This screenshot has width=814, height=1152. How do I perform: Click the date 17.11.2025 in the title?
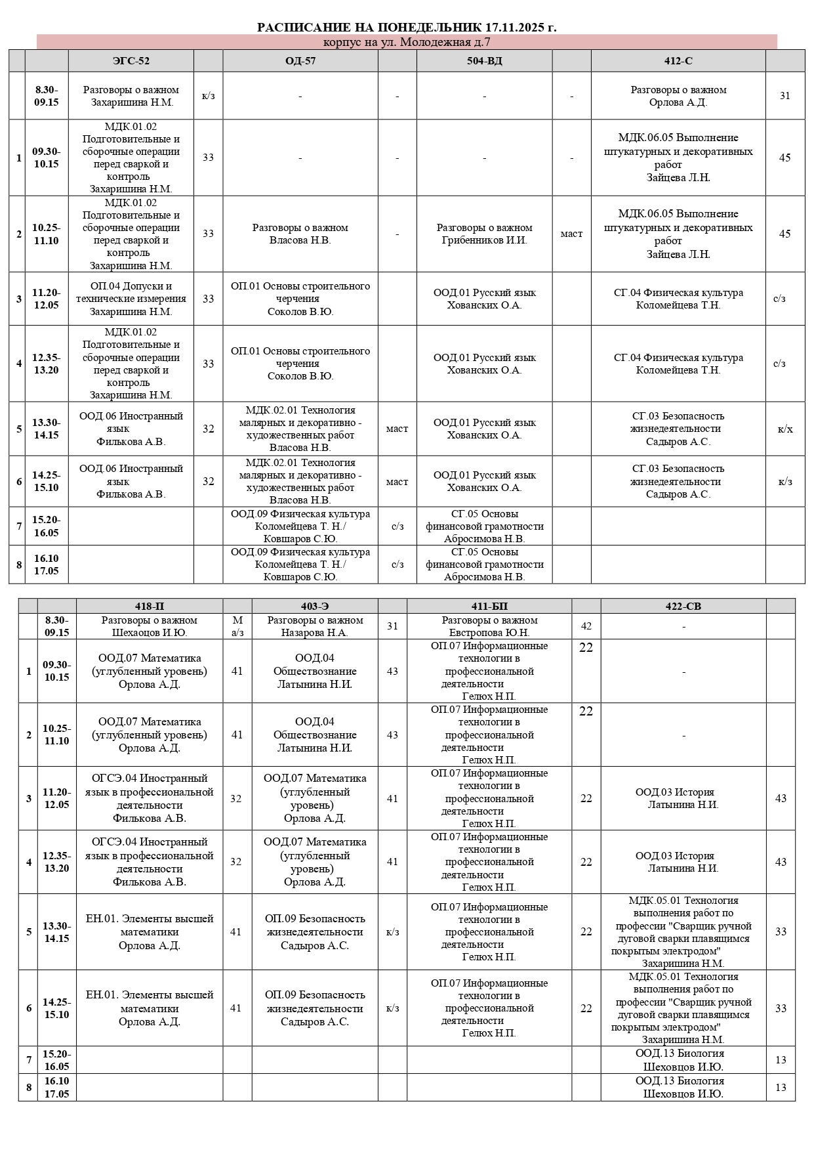click(x=515, y=28)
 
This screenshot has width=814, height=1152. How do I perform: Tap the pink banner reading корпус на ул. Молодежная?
click(x=407, y=42)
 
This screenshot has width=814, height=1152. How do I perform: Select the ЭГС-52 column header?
click(x=131, y=61)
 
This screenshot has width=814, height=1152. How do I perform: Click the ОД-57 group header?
click(x=300, y=61)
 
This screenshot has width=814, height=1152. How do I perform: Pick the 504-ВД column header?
click(x=484, y=61)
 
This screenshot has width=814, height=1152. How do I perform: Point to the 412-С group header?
click(x=678, y=61)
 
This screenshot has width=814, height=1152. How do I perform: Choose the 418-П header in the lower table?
click(x=150, y=607)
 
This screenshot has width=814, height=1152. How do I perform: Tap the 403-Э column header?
click(x=315, y=607)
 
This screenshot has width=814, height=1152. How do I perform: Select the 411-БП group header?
click(x=489, y=607)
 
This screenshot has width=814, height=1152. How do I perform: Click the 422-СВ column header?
click(x=683, y=607)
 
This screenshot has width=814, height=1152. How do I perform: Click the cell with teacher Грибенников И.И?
click(x=484, y=234)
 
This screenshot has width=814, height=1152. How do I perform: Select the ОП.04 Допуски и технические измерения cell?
click(x=131, y=299)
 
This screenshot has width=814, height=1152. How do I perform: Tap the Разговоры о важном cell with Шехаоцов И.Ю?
click(x=150, y=626)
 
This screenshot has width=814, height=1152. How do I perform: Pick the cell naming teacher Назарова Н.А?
click(x=315, y=626)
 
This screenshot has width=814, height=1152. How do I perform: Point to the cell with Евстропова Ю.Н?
click(x=489, y=626)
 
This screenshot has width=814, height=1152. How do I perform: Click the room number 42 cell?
click(x=586, y=626)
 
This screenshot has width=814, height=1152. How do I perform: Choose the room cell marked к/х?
click(x=785, y=429)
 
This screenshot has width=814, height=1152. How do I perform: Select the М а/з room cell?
click(x=237, y=626)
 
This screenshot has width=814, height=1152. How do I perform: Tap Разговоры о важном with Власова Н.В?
click(x=300, y=234)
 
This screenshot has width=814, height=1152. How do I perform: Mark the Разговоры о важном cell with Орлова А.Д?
click(x=678, y=96)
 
